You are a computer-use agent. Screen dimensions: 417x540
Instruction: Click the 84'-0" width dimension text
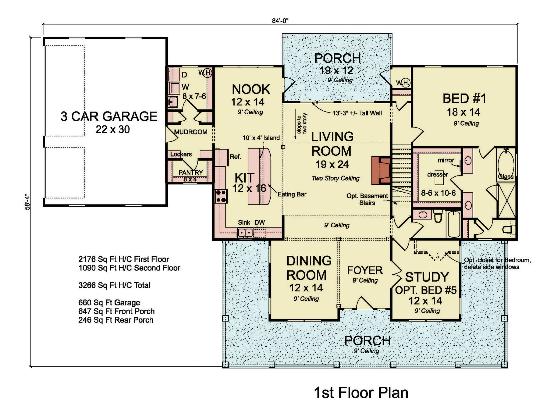pyautogui.click(x=280, y=21)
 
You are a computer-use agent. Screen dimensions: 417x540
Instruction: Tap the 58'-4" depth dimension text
pyautogui.click(x=27, y=201)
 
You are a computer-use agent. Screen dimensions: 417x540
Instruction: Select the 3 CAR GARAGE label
pyautogui.click(x=109, y=117)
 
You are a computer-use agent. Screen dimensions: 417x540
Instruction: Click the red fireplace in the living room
pyautogui.click(x=381, y=170)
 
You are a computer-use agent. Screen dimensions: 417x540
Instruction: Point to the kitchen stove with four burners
pyautogui.click(x=221, y=196)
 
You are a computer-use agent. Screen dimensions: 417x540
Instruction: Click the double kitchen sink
pyautogui.click(x=245, y=232)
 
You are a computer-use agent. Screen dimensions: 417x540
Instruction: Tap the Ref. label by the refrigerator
pyautogui.click(x=235, y=157)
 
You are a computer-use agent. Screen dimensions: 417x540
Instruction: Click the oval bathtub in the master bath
pyautogui.click(x=506, y=165)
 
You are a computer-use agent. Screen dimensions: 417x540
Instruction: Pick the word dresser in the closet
pyautogui.click(x=437, y=175)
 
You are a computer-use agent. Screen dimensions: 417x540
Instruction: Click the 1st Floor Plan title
pyautogui.click(x=361, y=393)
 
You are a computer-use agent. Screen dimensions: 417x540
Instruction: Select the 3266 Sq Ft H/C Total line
pyautogui.click(x=114, y=285)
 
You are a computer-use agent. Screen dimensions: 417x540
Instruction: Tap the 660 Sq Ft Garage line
pyautogui.click(x=109, y=302)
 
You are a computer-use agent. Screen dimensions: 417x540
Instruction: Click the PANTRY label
pyautogui.click(x=191, y=172)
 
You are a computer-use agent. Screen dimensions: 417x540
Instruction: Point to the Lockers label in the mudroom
pyautogui.click(x=181, y=154)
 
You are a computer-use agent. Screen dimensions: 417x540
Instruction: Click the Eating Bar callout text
pyautogui.click(x=292, y=194)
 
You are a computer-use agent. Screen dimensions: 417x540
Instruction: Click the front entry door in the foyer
pyautogui.click(x=364, y=304)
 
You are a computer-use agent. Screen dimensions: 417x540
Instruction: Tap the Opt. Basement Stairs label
pyautogui.click(x=367, y=199)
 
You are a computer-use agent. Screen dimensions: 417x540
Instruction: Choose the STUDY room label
pyautogui.click(x=427, y=277)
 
